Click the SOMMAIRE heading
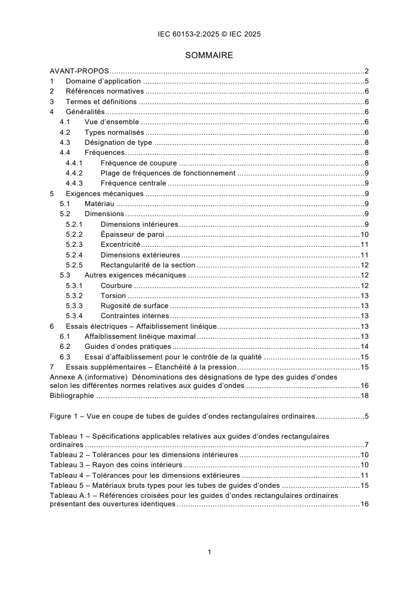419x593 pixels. tap(209, 54)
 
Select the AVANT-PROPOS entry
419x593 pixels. tap(79, 71)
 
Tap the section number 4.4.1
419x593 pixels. tap(75, 163)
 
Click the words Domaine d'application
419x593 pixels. tap(103, 81)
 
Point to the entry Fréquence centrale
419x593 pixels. tap(133, 183)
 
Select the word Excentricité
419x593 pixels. tap(120, 245)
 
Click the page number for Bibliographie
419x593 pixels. tap(364, 395)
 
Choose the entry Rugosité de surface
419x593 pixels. tap(134, 305)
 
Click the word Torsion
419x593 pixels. tap(113, 295)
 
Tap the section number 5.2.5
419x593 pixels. tap(75, 265)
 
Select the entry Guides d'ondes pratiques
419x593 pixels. tap(127, 346)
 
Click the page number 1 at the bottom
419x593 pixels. tap(210, 552)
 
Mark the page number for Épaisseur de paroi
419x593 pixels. tap(364, 234)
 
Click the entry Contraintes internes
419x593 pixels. tap(132, 316)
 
